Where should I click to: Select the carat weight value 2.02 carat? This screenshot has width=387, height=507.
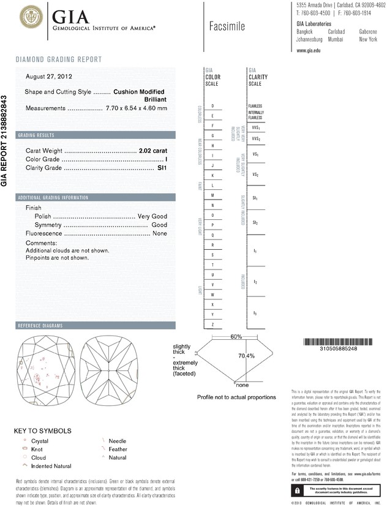(153, 150)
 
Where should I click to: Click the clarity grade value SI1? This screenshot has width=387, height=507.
(162, 167)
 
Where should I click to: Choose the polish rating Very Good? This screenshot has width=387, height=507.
(152, 217)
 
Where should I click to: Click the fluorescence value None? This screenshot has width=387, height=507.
(159, 234)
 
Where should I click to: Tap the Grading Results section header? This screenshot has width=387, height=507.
(36, 135)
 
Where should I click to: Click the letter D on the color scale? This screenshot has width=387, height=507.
(212, 106)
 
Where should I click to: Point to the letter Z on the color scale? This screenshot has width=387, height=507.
(212, 324)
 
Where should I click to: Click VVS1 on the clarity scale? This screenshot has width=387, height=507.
(255, 128)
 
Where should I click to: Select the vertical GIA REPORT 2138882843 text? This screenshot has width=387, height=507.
(6, 140)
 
